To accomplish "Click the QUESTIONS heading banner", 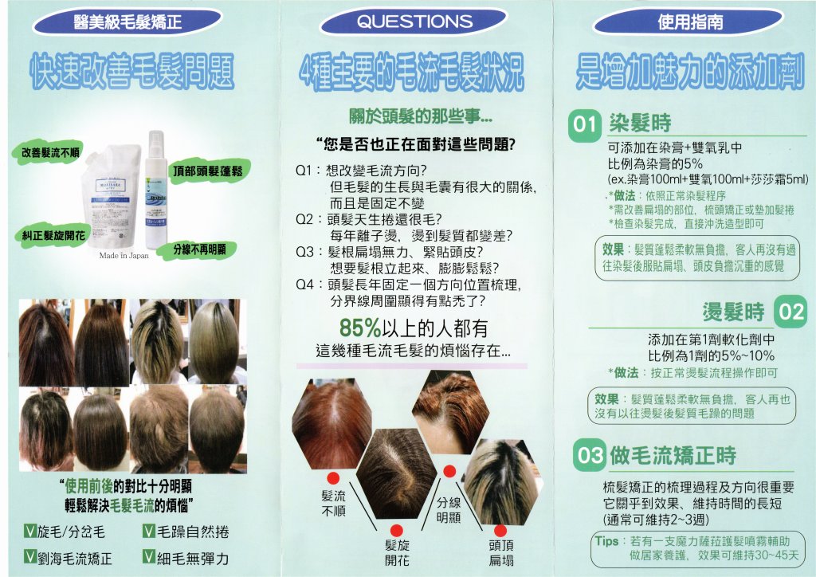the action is click(414, 22).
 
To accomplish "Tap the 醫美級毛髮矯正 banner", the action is click(127, 22).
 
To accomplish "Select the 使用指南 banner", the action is click(689, 22).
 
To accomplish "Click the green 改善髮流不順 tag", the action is click(50, 152).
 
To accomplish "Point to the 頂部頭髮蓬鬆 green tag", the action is click(208, 171).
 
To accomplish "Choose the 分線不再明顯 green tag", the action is click(199, 250).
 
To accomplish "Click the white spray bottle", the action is click(155, 190).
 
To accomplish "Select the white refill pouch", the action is click(112, 196).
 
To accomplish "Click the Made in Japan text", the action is click(124, 256).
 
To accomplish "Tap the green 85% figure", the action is click(360, 328).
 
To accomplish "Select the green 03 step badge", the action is click(590, 455).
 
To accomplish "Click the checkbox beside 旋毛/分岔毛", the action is click(30, 532).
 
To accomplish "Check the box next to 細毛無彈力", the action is click(149, 558).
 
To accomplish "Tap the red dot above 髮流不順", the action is click(333, 479).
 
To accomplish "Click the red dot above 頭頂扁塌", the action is click(500, 531).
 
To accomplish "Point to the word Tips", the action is click(606, 540).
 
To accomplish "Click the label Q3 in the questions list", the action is click(304, 252).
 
